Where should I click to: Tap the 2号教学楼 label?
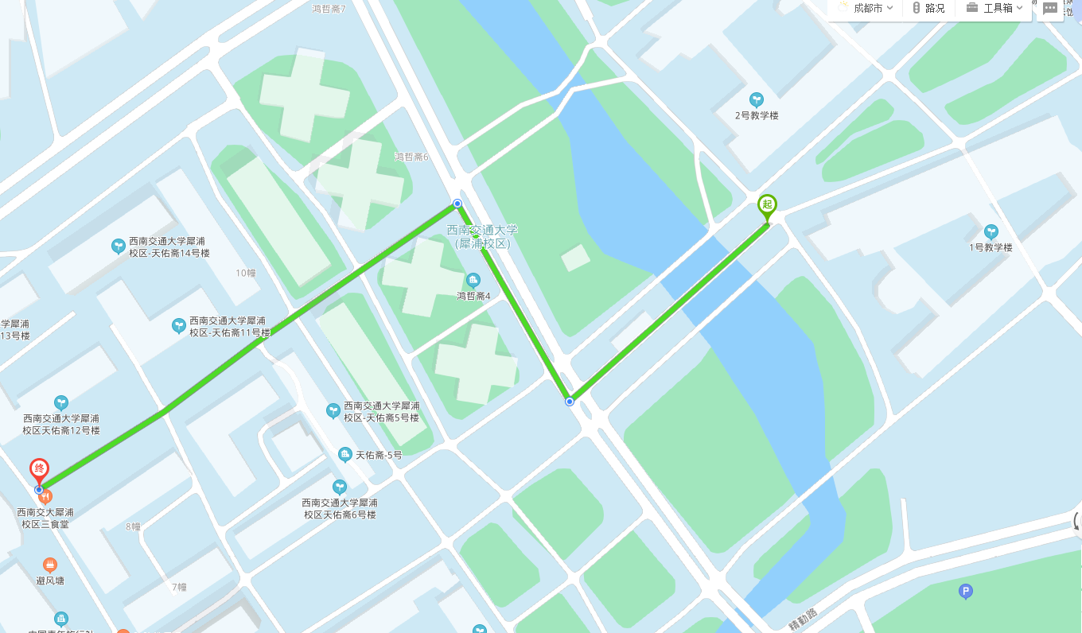tap(756, 115)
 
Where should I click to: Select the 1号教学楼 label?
tap(991, 247)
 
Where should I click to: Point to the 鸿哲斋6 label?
tap(411, 157)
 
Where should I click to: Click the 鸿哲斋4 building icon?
tap(473, 280)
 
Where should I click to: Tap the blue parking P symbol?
tap(966, 592)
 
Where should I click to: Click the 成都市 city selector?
tap(866, 8)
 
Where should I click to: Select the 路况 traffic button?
tap(928, 8)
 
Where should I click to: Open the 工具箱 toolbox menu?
tap(994, 8)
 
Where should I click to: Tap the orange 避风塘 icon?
tap(50, 565)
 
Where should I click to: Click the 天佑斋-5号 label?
tap(379, 455)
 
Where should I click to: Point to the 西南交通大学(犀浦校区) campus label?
tap(481, 237)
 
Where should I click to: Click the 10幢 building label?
tap(246, 273)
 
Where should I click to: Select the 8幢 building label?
tap(133, 526)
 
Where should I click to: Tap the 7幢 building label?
tap(179, 587)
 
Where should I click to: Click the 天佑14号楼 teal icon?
tap(119, 247)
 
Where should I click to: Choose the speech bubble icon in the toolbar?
tap(1050, 8)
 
